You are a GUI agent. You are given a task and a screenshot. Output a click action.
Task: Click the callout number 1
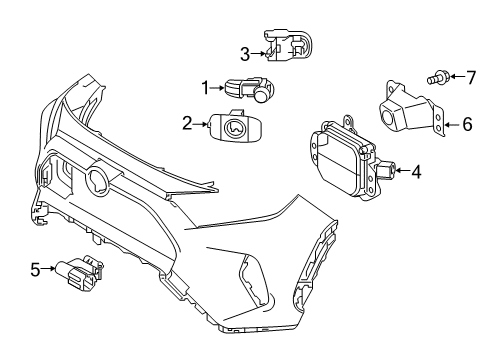click(206, 89)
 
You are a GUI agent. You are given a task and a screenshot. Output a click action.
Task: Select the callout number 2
click(187, 124)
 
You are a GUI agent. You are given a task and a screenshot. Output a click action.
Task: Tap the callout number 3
click(243, 53)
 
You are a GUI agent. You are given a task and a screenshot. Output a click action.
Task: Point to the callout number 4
click(416, 171)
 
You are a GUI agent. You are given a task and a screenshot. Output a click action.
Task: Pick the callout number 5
click(36, 268)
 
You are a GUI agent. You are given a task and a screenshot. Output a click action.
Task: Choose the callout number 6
click(466, 125)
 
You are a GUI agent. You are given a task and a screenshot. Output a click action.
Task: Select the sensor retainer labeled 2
click(237, 129)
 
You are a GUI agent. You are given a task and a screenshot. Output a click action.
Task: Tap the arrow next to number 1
click(220, 89)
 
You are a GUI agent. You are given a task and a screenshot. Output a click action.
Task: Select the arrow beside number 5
click(51, 268)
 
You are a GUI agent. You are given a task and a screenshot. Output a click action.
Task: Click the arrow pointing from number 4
click(401, 171)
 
